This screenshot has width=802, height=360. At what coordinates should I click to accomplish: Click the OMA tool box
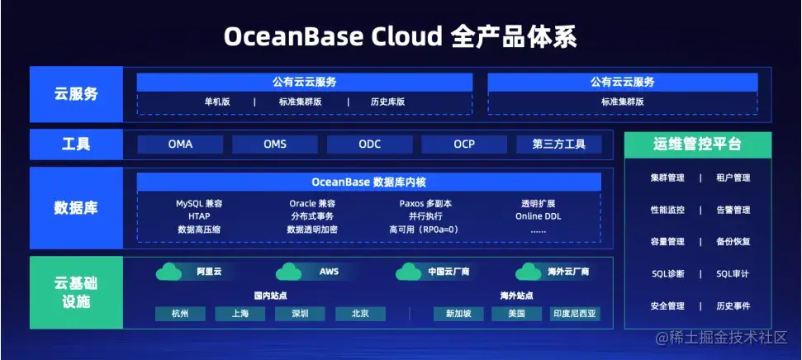180,144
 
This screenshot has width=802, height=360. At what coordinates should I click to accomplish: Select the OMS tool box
275,144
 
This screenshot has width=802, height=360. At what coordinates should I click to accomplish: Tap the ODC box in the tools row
370,144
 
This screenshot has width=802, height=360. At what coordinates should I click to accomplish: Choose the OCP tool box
464,144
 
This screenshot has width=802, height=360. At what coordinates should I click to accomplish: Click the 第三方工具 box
559,144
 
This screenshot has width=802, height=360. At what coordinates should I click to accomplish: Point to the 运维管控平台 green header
698,144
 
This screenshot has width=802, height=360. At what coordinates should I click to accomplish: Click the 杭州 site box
180,314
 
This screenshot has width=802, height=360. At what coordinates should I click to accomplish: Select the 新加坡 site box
458,314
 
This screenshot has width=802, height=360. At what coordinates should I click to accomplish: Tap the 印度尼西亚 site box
575,314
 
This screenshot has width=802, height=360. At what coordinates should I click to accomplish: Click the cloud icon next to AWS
289,272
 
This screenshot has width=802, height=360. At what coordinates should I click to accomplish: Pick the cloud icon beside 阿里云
168,272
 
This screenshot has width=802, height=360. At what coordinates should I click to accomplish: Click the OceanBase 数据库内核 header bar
368,182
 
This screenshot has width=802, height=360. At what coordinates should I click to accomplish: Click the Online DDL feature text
539,216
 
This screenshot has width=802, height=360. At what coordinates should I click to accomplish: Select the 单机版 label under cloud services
217,102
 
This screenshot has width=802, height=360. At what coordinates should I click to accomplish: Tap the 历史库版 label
388,102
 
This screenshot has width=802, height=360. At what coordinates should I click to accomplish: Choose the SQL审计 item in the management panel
733,274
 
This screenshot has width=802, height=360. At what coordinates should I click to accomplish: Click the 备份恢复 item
733,242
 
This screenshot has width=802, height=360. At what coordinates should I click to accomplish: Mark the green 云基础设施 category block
75,293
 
